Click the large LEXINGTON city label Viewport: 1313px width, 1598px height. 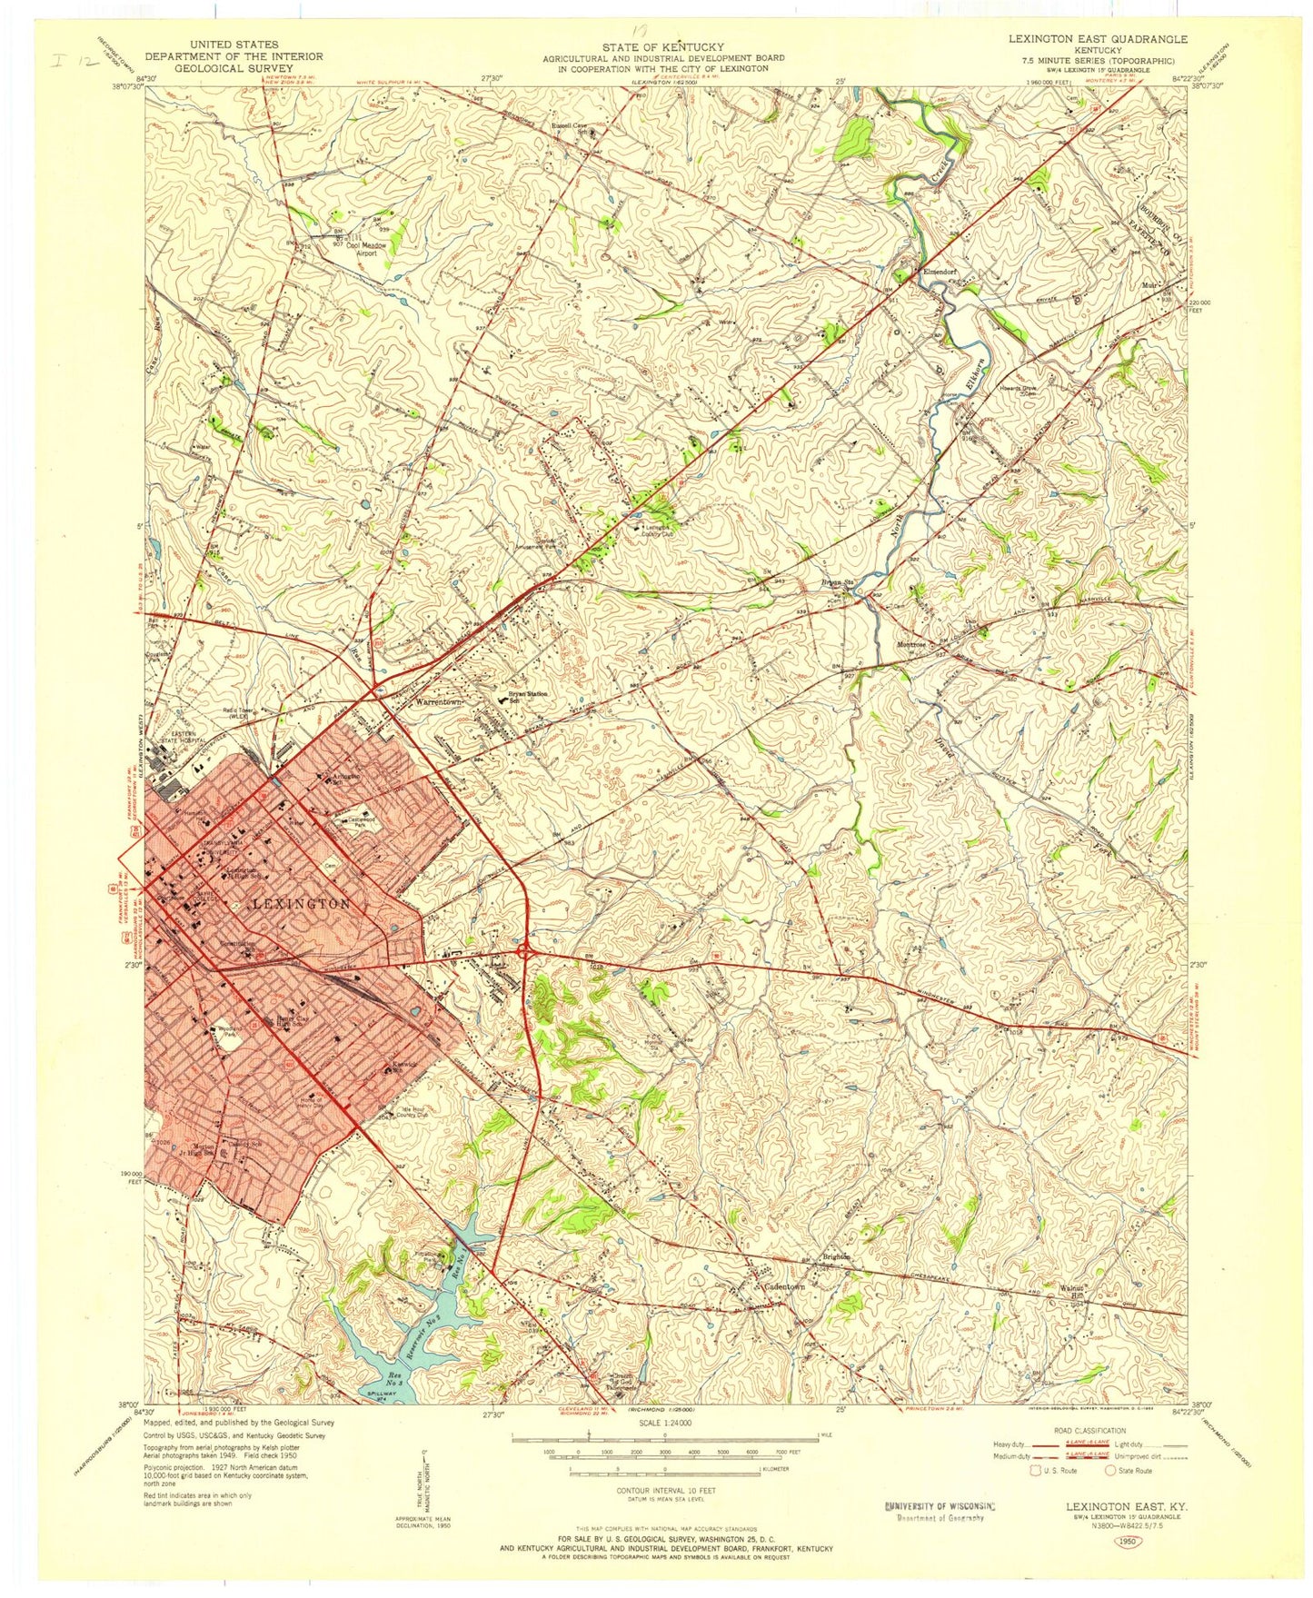(x=301, y=904)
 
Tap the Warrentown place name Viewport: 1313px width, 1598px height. (x=434, y=703)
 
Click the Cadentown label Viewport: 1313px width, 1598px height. (x=786, y=1287)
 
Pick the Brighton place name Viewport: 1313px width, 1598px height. (x=836, y=1257)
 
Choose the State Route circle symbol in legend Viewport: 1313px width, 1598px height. (x=1109, y=1495)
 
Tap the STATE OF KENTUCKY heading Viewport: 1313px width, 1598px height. (x=663, y=46)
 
